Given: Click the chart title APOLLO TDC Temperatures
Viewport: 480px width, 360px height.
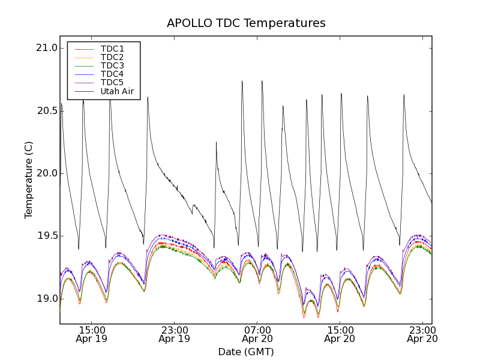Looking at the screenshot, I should click(x=246, y=23).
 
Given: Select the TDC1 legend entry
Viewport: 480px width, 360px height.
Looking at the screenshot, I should click(x=112, y=49).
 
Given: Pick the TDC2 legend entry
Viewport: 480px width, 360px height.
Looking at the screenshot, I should click(x=112, y=57).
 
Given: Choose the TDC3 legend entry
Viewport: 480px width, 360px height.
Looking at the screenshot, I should click(x=112, y=65).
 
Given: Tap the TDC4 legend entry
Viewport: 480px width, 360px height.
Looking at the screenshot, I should click(x=112, y=74).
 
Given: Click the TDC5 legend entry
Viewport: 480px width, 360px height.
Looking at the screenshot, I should click(x=112, y=82).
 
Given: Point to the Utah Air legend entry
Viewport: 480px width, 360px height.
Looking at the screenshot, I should click(x=117, y=91).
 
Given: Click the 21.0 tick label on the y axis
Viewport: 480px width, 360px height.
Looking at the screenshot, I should click(x=46, y=48).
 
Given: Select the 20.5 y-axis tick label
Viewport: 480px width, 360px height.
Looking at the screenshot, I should click(x=46, y=111).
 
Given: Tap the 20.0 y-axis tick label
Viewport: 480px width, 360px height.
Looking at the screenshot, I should click(x=46, y=173).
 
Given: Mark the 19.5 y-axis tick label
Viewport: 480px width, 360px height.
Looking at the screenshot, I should click(x=46, y=236).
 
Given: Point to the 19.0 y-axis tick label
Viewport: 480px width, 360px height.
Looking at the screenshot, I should click(x=46, y=299).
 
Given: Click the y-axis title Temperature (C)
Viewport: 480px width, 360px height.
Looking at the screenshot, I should click(x=29, y=180).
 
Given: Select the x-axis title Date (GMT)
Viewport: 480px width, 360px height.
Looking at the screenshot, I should click(x=246, y=352).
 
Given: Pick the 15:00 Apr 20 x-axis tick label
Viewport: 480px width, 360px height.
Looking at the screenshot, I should click(x=340, y=334).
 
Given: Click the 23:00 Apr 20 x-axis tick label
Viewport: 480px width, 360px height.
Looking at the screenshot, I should click(x=422, y=334).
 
